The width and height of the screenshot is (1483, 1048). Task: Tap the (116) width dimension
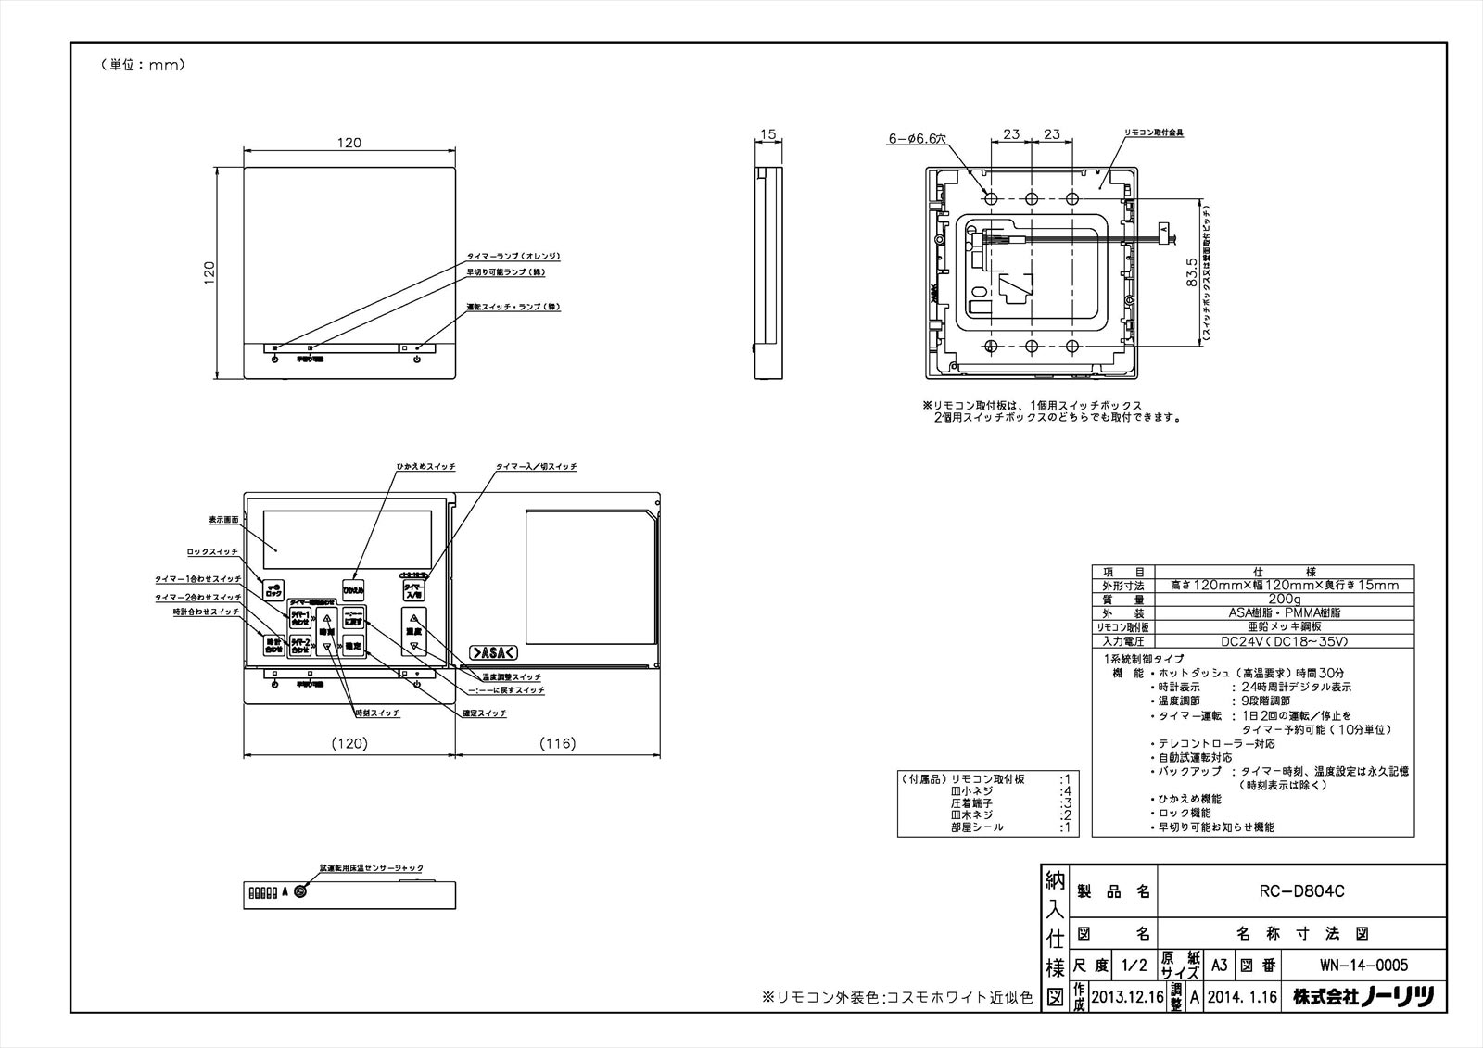[x=557, y=743]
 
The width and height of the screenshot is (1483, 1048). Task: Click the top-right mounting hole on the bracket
[x=1072, y=199]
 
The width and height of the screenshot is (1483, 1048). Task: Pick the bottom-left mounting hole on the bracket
[x=990, y=347]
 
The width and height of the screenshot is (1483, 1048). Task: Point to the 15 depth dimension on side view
[x=767, y=135]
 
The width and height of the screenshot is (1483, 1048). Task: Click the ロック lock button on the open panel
[x=273, y=589]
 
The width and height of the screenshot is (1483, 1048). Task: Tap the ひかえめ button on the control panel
[x=353, y=589]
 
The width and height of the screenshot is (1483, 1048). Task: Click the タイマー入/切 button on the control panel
[x=412, y=589]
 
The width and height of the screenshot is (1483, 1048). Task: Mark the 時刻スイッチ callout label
[x=378, y=713]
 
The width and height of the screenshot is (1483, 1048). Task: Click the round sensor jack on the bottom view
[x=301, y=891]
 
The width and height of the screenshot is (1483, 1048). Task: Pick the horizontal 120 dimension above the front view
[x=349, y=143]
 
